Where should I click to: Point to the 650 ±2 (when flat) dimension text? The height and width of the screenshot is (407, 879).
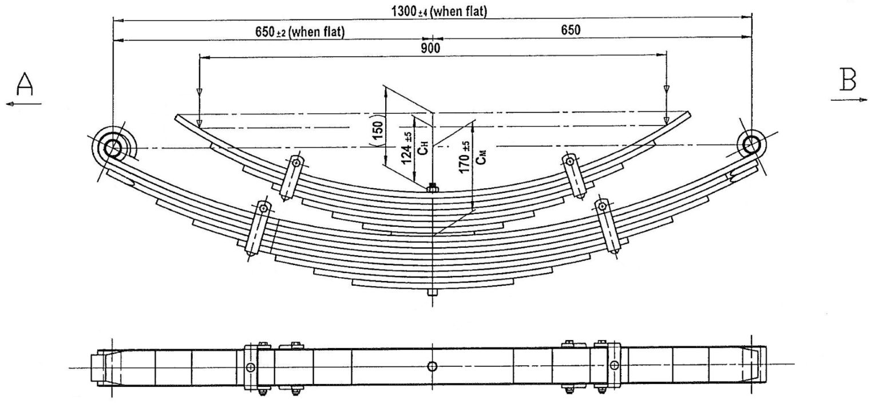coord(299,32)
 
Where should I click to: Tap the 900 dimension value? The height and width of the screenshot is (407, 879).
coord(431,49)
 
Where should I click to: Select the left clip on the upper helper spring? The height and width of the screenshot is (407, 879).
coord(291,177)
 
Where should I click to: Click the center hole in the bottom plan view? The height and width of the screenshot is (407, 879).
coord(432,366)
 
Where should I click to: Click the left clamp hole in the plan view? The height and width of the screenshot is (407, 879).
coord(250,367)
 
